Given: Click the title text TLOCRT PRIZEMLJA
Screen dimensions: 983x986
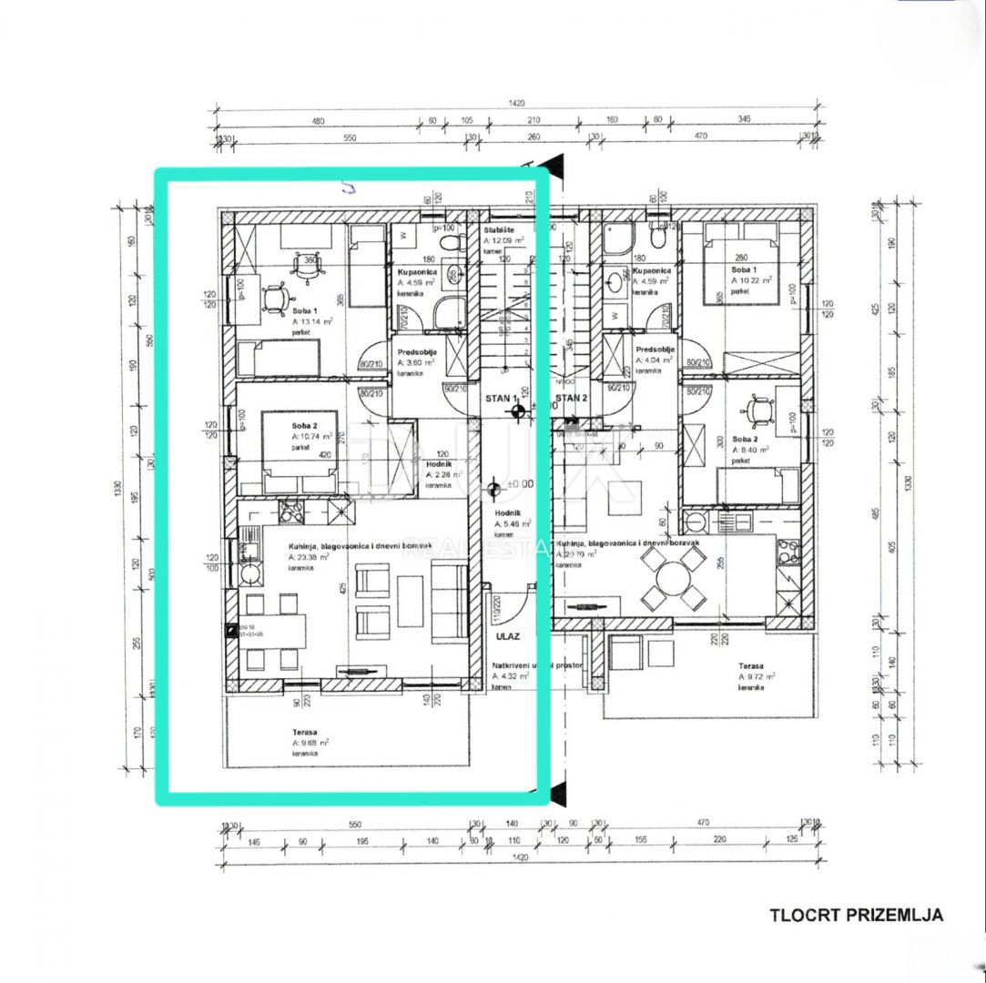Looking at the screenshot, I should coord(856,916).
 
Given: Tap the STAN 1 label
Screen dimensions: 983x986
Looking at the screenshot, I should coord(501,399).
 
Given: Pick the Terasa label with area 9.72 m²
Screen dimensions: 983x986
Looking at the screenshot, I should coord(751,665).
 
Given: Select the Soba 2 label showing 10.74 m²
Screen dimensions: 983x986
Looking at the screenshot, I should coord(304,424).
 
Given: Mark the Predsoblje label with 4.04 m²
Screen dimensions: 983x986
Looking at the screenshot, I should coord(655,350).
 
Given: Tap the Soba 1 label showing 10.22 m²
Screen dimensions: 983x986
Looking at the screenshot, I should coord(742,271).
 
